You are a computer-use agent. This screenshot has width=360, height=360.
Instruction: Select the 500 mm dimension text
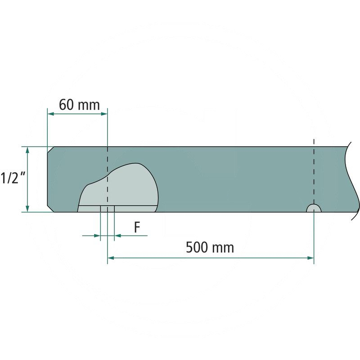(x=210, y=247)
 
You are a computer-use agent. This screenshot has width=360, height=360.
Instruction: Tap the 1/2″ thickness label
(x=11, y=178)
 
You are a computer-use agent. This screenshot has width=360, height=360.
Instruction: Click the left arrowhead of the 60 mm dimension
(x=51, y=114)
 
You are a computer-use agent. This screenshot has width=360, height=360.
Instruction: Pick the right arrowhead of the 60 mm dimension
(x=104, y=114)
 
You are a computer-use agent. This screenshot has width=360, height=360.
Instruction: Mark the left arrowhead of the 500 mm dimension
(x=111, y=258)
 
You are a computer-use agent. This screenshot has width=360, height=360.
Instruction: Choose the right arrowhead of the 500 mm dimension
(x=310, y=258)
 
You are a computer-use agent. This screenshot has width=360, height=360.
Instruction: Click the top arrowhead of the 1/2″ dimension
(x=28, y=150)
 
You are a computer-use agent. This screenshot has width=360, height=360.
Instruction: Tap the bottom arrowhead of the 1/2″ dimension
(x=28, y=208)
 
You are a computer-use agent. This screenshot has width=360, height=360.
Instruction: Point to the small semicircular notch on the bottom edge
(x=314, y=208)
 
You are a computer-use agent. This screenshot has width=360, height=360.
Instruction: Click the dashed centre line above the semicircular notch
(x=314, y=171)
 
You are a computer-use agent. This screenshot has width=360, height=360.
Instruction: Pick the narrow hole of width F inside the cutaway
(x=107, y=209)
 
